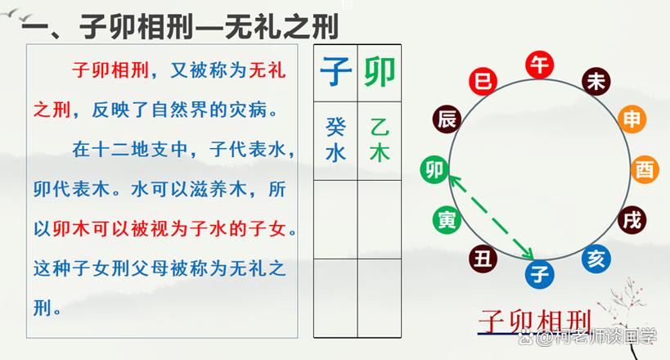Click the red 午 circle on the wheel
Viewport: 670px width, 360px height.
540,65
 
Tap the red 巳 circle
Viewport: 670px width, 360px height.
483,81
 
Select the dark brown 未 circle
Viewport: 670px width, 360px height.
596,81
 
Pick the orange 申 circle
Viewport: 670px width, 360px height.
632,119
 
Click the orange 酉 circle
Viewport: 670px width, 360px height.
645,169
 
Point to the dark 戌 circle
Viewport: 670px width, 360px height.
632,220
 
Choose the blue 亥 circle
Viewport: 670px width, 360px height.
596,259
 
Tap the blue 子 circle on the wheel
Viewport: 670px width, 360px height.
540,274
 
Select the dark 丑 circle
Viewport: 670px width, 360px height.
483,259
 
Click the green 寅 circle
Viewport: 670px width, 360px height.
447,220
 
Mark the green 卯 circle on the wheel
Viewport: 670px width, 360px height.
434,169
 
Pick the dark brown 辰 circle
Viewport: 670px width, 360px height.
447,119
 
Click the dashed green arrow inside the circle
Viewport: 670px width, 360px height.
492,218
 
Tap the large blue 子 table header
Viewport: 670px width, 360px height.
336,71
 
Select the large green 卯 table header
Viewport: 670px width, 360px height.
380,71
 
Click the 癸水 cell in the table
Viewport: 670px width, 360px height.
336,140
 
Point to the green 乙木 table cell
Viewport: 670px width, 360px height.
380,140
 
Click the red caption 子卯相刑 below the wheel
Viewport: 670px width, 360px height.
535,322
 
